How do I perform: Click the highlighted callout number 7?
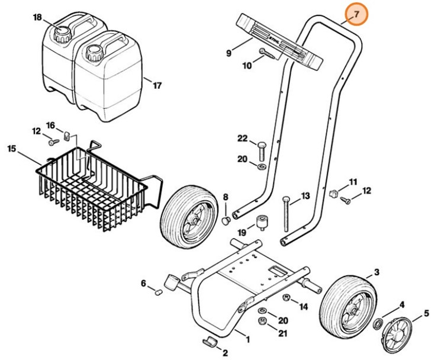(356, 14)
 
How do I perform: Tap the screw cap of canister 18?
(61, 33)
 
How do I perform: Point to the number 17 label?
(156, 85)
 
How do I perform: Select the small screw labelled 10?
(267, 54)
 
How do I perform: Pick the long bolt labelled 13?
(286, 214)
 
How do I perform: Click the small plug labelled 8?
(226, 221)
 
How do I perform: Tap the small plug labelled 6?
(158, 292)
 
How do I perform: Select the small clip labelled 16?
(67, 137)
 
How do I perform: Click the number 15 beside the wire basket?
(12, 148)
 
